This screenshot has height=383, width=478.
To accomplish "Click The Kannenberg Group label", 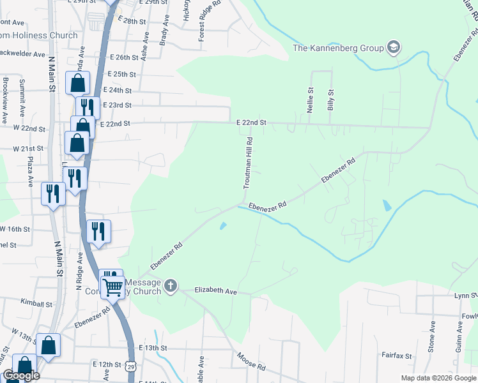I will tap(338, 48).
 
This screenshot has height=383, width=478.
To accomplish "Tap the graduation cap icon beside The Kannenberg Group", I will tap(394, 47).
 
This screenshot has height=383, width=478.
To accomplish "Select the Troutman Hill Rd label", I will tap(246, 163).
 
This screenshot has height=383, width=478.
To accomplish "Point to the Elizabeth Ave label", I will tap(216, 290).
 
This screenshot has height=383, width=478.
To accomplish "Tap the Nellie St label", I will tap(311, 101).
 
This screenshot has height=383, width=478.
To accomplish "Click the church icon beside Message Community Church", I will tap(171, 285).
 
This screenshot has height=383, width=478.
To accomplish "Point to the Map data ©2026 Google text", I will tap(438, 378).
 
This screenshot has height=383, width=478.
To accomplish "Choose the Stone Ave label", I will tap(433, 336).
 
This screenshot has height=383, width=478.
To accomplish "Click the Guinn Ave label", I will tap(459, 336).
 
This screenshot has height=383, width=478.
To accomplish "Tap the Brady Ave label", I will tap(165, 31).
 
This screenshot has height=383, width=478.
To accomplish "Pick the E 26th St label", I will tap(123, 57).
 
